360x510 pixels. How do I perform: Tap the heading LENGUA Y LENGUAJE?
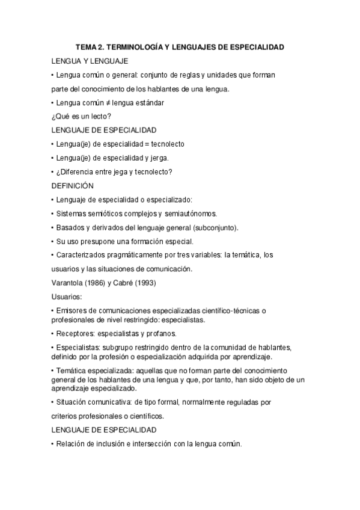[89, 61]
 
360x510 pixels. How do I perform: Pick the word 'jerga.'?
[159, 158]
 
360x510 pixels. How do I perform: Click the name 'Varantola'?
[68, 283]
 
